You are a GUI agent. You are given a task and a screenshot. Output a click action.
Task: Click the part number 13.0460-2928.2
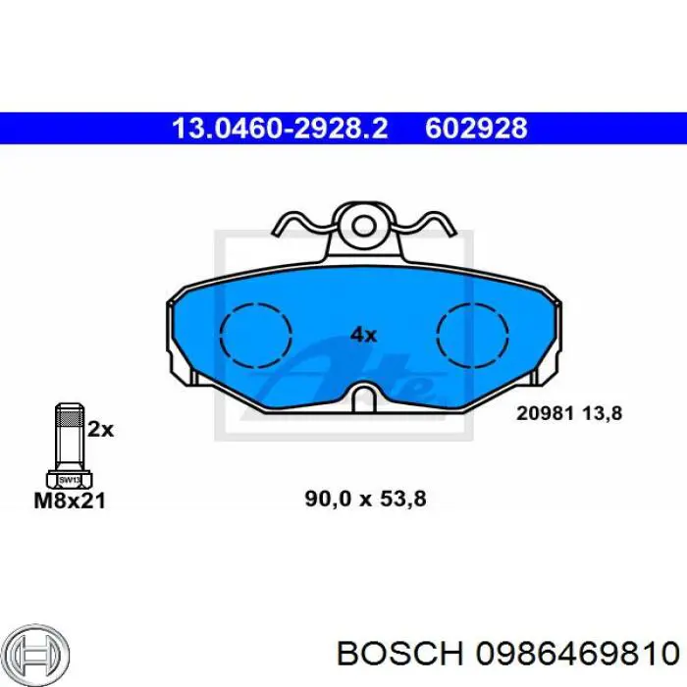point(280,129)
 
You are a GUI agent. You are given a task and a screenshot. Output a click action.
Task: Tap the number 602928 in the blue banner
point(476,129)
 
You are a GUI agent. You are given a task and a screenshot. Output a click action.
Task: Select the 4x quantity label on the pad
point(363,336)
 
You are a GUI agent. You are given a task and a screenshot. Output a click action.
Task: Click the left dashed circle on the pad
point(256,303)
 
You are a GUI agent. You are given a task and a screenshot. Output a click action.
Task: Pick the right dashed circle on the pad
point(473,303)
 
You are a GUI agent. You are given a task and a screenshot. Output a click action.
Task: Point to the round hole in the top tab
point(364,226)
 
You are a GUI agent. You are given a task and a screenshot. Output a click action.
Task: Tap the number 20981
point(545,413)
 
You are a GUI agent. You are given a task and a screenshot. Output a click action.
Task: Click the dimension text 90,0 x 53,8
point(365,499)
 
